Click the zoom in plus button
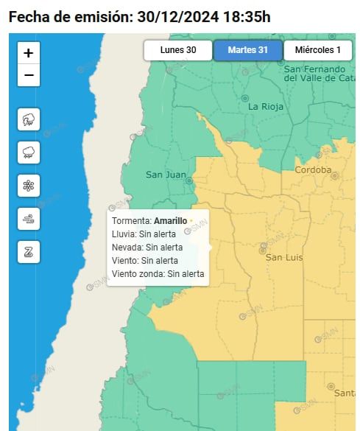(28, 53)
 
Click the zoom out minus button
(28, 75)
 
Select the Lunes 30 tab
(177, 50)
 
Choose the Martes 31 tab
(247, 50)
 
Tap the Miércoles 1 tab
(317, 50)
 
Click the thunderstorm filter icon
(28, 119)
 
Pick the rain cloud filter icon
(28, 153)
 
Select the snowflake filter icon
(28, 186)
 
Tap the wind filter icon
(28, 219)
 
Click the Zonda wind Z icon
(28, 252)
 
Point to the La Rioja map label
(266, 107)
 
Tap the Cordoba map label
(313, 169)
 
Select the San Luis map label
(284, 257)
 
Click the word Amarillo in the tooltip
(170, 220)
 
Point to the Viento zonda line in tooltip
(158, 273)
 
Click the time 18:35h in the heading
(246, 16)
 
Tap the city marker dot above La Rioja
(245, 98)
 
